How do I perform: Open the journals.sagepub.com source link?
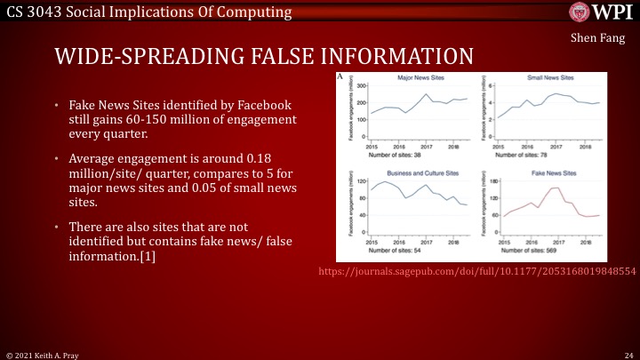coord(478,269)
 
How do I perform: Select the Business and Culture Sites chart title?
coord(413,174)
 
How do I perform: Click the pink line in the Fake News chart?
coord(554,189)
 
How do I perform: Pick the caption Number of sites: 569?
coord(524,252)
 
